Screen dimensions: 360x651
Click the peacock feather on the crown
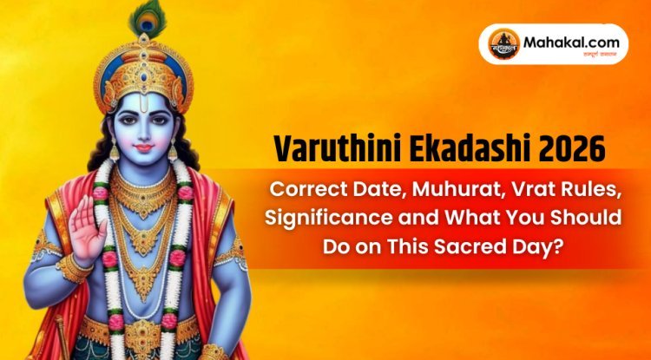coord(141,19)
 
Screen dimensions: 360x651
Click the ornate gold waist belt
coord(143,334)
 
